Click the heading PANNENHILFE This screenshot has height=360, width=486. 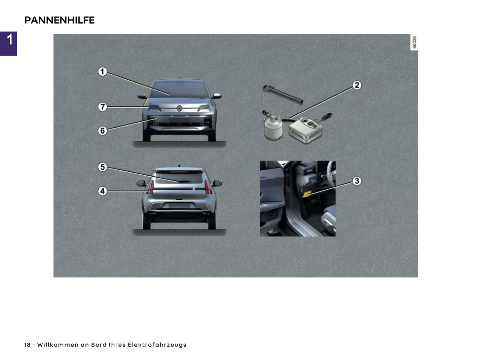(x=60, y=20)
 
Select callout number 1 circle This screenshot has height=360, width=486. (x=103, y=72)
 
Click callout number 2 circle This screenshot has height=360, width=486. (x=357, y=85)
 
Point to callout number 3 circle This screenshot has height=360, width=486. (x=357, y=181)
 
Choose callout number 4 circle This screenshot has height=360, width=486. (x=103, y=191)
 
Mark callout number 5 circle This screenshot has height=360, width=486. (x=103, y=167)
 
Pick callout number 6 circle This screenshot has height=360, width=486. (x=103, y=131)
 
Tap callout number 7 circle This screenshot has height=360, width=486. (x=103, y=107)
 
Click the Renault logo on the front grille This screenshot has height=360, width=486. (x=179, y=108)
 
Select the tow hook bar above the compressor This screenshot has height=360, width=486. (x=283, y=94)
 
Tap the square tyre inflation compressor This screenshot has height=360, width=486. (x=305, y=130)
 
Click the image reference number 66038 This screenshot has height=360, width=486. (x=414, y=42)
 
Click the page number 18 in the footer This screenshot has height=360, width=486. (x=27, y=345)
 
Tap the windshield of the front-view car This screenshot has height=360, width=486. (x=179, y=89)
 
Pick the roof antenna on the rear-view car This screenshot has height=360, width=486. (x=179, y=166)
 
